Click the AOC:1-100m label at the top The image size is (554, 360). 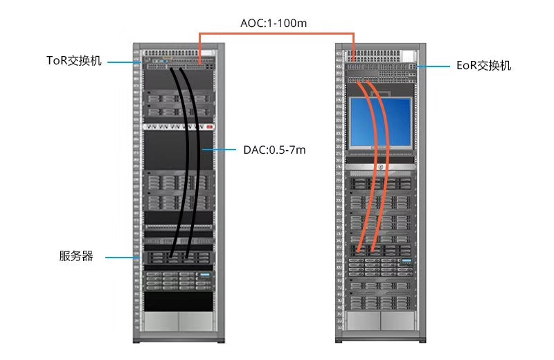(273, 24)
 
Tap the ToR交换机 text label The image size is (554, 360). (74, 61)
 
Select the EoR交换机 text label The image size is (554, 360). (484, 66)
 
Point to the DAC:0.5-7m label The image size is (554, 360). (274, 150)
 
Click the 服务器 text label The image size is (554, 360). (76, 257)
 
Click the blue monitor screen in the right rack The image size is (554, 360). (381, 122)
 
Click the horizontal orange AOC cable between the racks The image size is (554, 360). (277, 33)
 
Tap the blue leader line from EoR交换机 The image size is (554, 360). (434, 66)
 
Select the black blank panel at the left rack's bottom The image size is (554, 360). (178, 300)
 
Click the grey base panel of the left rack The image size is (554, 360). (178, 321)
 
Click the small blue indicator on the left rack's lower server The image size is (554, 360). (204, 276)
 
